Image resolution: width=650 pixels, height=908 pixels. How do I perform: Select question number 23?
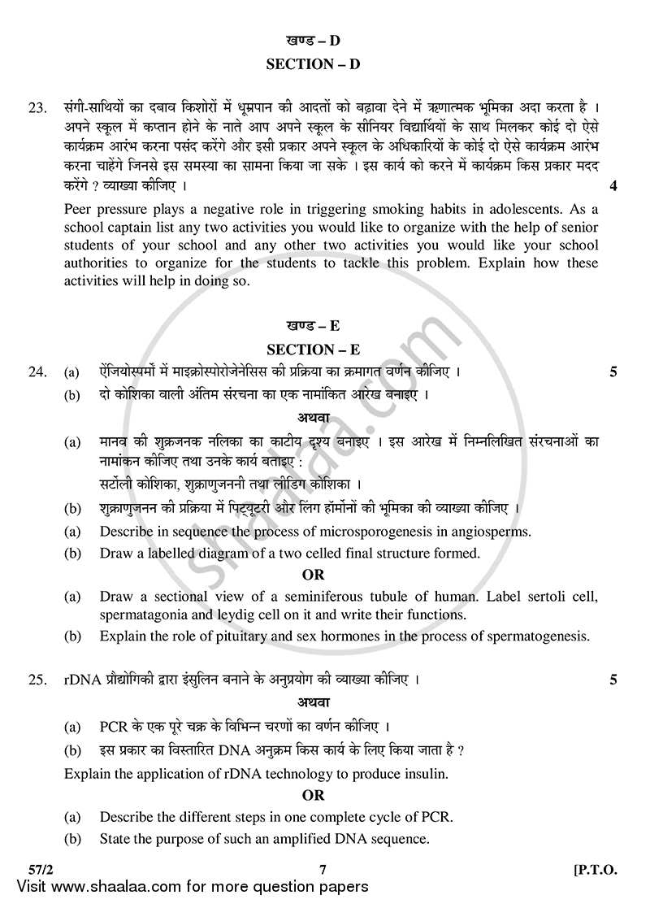pyautogui.click(x=37, y=107)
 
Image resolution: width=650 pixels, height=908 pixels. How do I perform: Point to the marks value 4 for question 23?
pyautogui.click(x=613, y=186)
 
